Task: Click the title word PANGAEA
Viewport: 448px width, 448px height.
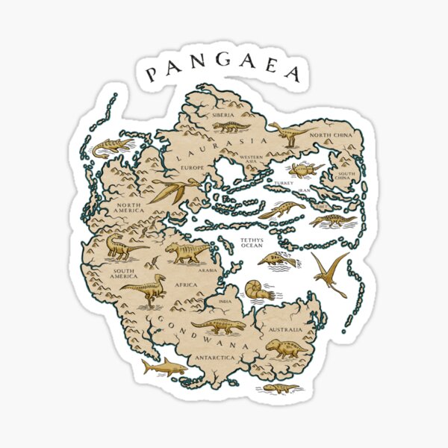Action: [223, 72]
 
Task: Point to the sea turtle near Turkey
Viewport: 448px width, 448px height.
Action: [305, 169]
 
